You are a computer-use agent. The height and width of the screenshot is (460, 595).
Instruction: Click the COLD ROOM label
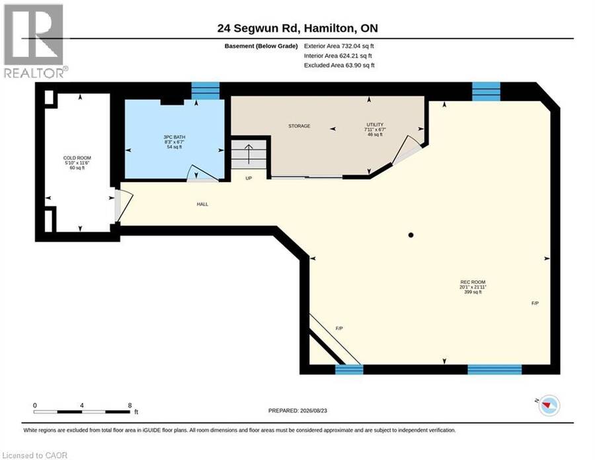click(x=77, y=158)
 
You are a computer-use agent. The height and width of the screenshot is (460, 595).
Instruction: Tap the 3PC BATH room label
click(x=174, y=137)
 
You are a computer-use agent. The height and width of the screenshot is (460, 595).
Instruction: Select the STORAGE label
click(x=299, y=126)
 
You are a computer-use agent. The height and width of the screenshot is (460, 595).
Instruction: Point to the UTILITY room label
click(x=375, y=124)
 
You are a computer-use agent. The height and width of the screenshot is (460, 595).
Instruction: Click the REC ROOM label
click(x=473, y=282)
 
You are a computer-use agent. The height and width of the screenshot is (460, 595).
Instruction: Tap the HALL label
click(x=202, y=205)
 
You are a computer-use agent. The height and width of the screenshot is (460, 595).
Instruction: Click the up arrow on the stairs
click(x=249, y=154)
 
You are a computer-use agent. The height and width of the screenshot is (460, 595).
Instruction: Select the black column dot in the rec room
click(x=411, y=235)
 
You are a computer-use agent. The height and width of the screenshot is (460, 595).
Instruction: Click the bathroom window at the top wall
click(x=206, y=91)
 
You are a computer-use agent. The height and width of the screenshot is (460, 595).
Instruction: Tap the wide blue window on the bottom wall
click(x=495, y=369)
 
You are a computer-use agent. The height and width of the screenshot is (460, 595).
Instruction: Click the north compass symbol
click(x=549, y=405)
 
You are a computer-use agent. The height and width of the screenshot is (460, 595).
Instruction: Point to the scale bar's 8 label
click(x=130, y=405)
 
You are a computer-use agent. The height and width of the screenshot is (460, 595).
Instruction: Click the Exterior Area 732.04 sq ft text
click(x=339, y=46)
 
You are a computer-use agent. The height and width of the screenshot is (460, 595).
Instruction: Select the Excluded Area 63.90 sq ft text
click(x=339, y=66)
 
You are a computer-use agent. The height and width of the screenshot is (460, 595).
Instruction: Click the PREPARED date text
click(x=297, y=410)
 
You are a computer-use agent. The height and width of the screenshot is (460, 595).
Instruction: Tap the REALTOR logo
click(x=35, y=41)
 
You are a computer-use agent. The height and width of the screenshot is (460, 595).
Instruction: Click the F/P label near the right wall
click(x=535, y=303)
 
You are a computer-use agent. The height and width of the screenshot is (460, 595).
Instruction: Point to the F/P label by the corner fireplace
click(x=339, y=328)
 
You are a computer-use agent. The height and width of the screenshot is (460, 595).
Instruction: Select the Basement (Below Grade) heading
click(x=261, y=46)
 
